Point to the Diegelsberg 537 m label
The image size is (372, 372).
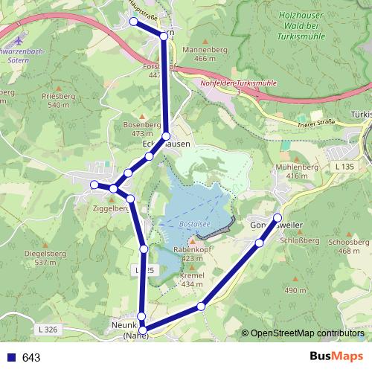click(40, 257)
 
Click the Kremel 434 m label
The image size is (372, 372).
click(192, 280)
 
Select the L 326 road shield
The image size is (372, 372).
click(46, 327)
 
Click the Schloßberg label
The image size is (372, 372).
click(301, 241)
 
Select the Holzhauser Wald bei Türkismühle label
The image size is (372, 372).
click(305, 25)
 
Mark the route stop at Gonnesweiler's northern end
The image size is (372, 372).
click(278, 217)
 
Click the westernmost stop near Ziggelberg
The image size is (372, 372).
click(94, 185)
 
